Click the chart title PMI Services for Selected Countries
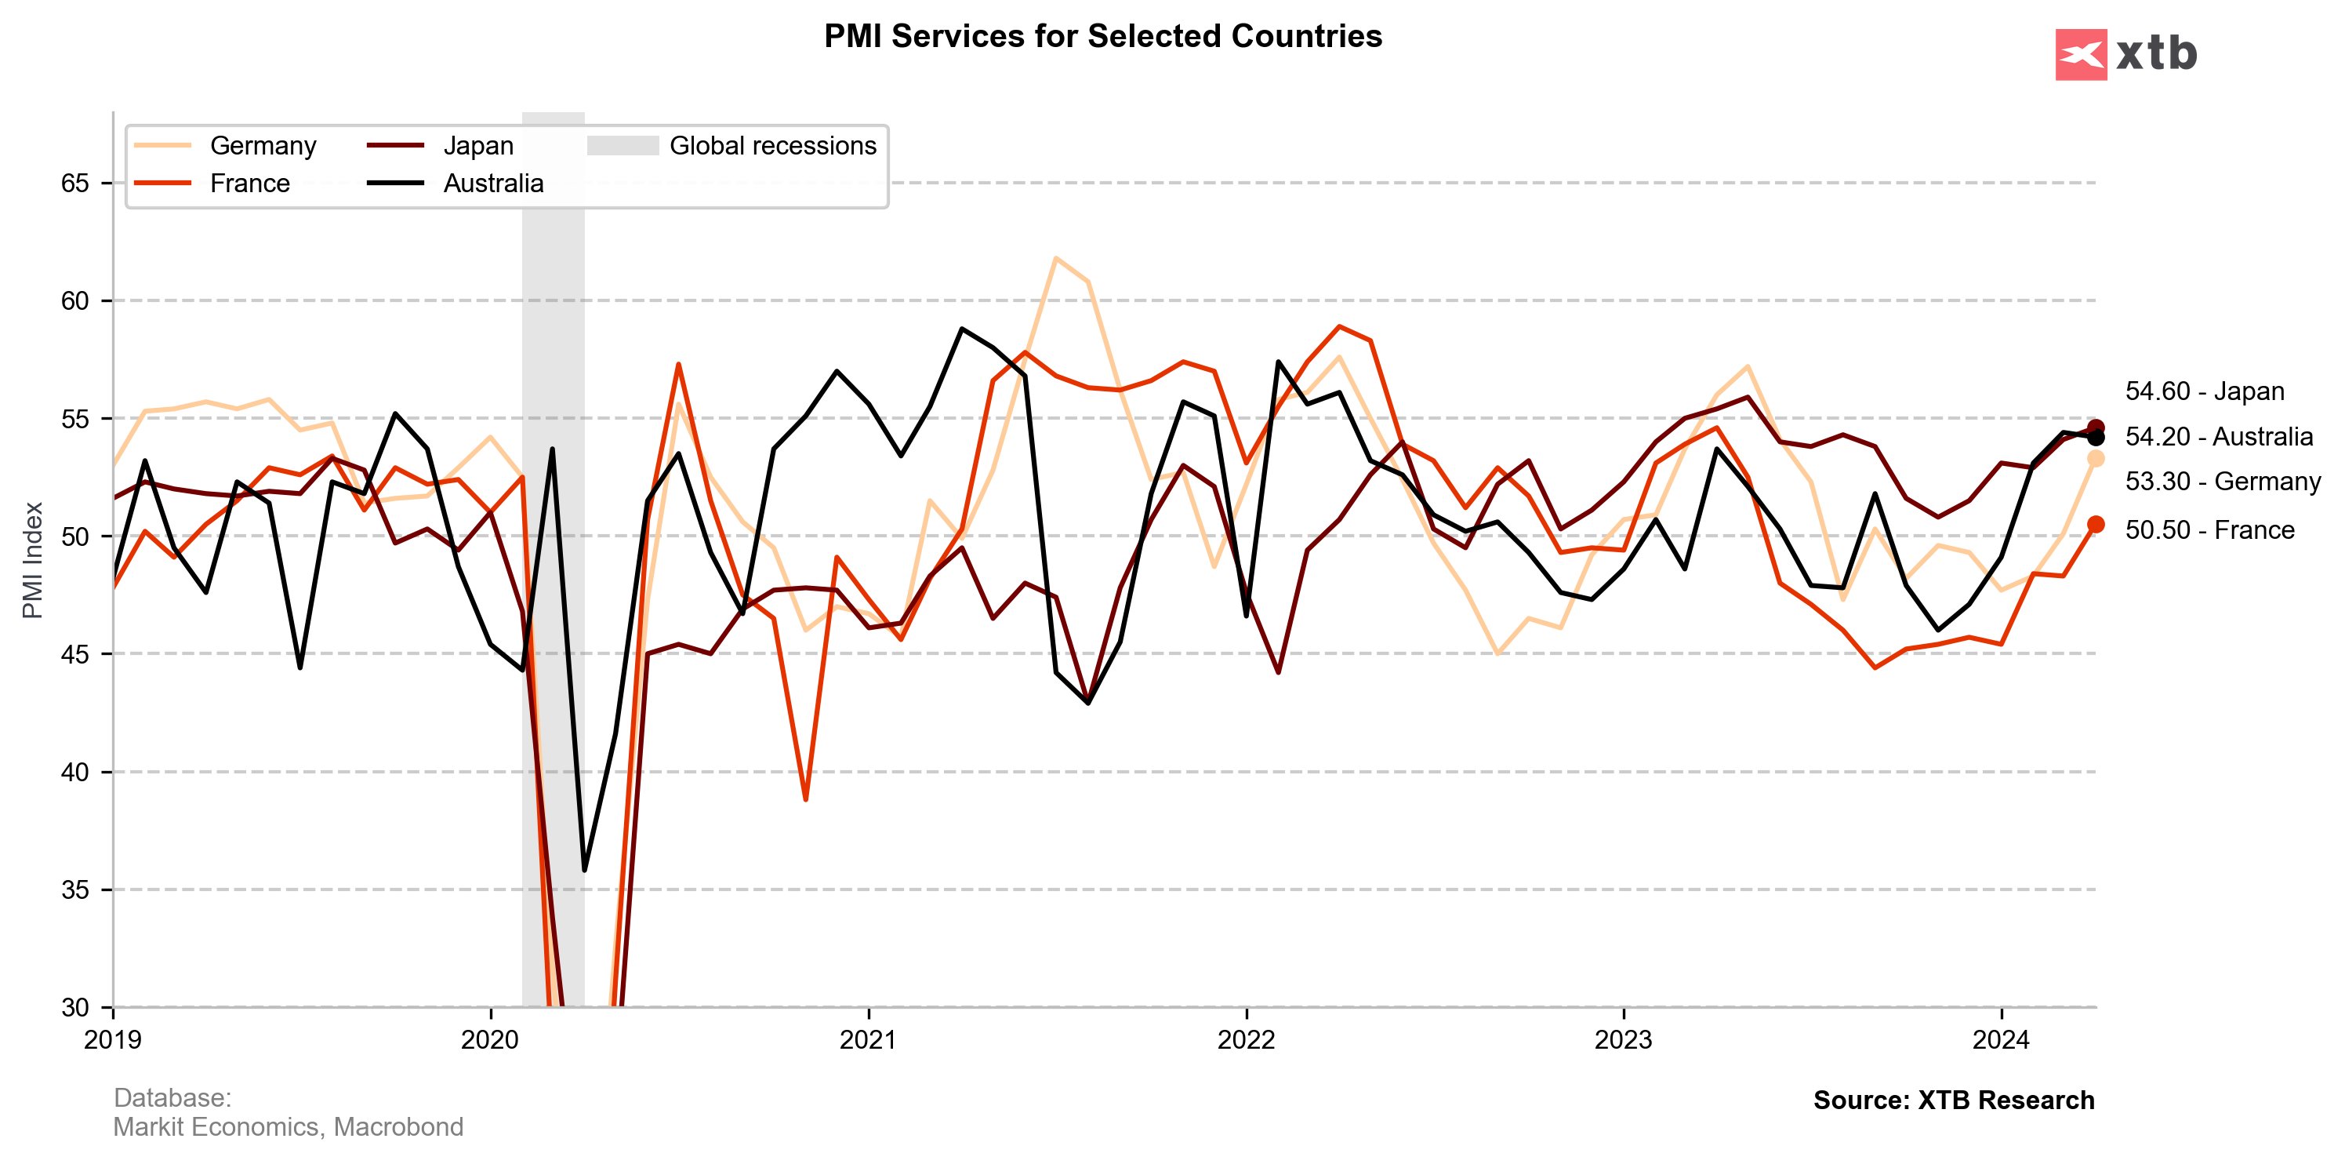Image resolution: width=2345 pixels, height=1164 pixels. [x=1102, y=36]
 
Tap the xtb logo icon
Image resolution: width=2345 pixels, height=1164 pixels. [x=2080, y=55]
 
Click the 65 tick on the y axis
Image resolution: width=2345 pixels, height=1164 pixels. [x=75, y=183]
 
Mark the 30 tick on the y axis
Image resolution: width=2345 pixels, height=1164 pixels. [x=75, y=1007]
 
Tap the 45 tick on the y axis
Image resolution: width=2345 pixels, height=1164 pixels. [x=75, y=654]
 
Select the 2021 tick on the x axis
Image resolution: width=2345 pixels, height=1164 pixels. [x=868, y=1039]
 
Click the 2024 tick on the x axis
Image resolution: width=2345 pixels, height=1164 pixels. [x=2000, y=1039]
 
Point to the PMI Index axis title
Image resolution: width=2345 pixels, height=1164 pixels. [x=33, y=559]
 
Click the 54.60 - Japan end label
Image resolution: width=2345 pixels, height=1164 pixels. [x=2204, y=391]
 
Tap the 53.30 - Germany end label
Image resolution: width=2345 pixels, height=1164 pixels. [x=2222, y=481]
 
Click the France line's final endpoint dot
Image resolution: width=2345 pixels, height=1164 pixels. [x=2096, y=524]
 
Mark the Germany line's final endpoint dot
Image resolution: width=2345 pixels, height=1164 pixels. [x=2096, y=458]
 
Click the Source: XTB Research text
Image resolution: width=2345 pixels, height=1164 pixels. [x=1954, y=1100]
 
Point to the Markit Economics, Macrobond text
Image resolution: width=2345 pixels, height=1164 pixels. [x=288, y=1128]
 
